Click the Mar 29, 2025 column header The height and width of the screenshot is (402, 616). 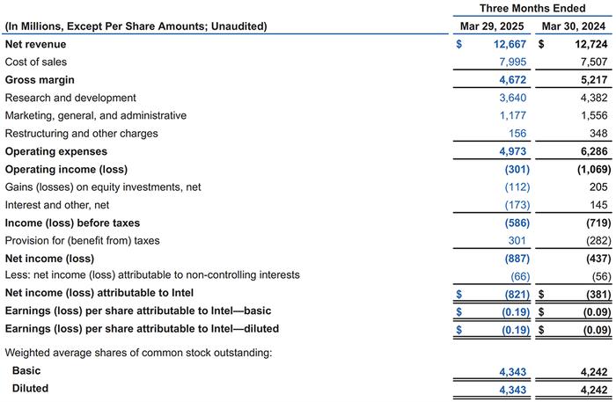492,26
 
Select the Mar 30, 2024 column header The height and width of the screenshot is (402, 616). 574,26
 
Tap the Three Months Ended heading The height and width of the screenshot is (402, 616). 532,8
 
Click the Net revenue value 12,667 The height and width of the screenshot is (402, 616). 510,44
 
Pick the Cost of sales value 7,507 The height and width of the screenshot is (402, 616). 594,62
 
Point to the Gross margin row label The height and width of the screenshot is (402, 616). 40,80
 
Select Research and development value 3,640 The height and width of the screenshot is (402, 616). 513,98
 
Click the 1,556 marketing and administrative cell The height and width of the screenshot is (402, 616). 594,115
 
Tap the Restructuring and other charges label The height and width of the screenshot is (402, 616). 81,134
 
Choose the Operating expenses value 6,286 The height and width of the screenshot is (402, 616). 594,151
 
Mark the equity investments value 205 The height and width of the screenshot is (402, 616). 598,186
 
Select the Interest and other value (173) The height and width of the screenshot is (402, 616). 517,205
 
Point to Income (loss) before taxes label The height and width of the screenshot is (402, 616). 72,223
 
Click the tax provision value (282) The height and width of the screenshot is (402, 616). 598,241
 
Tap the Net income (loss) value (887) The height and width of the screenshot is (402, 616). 517,259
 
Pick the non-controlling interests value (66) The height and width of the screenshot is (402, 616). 520,276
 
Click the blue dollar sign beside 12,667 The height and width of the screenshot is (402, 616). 458,44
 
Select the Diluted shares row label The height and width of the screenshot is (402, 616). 30,388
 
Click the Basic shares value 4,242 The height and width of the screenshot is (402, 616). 594,372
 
